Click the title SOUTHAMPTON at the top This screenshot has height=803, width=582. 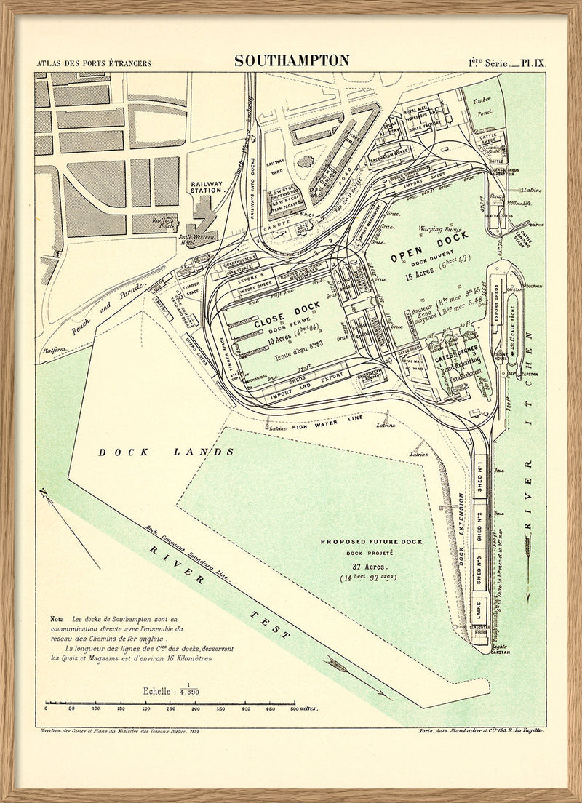pyautogui.click(x=292, y=60)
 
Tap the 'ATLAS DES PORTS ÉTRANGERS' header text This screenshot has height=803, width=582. pyautogui.click(x=94, y=63)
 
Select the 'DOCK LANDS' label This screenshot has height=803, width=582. pyautogui.click(x=167, y=452)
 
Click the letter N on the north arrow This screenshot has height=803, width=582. pyautogui.click(x=44, y=495)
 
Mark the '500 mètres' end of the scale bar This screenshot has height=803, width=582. pyautogui.click(x=302, y=708)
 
